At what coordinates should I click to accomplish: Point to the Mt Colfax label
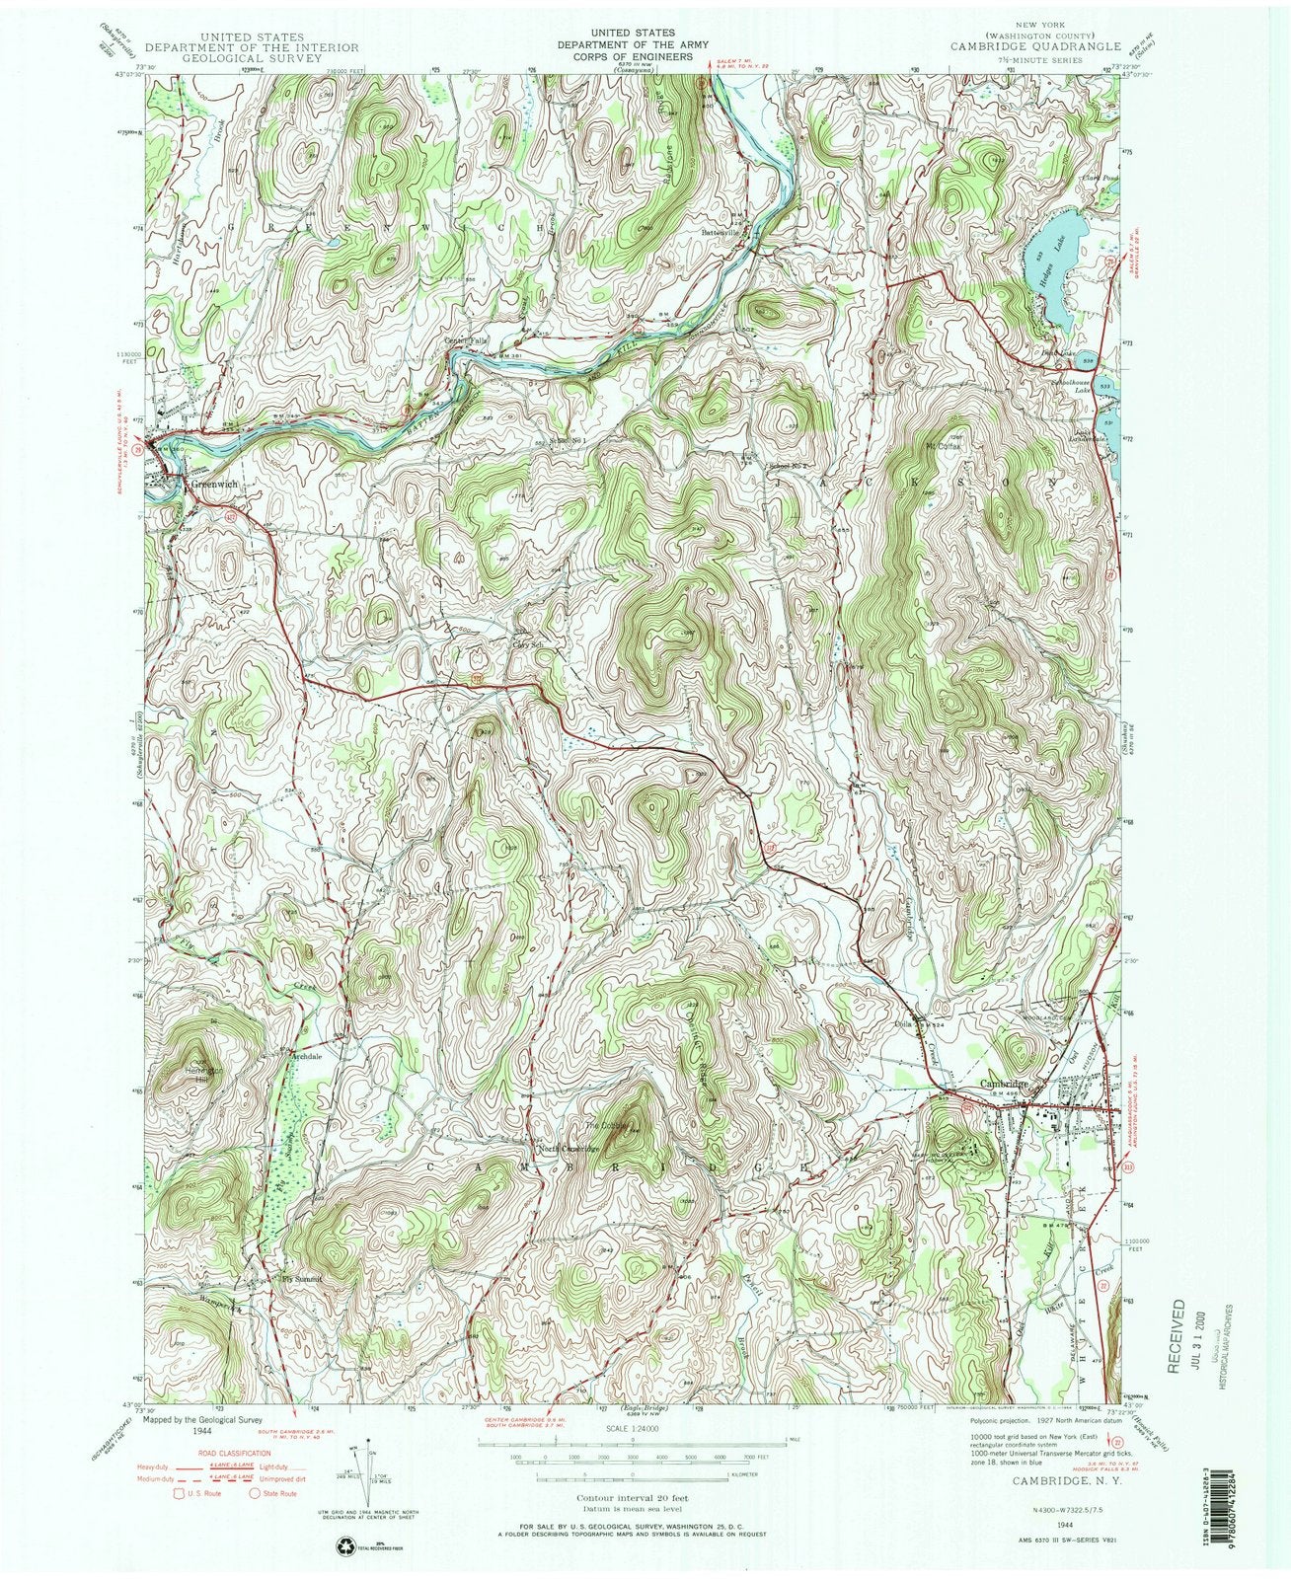tap(943, 446)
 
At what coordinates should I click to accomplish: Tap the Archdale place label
tap(305, 1056)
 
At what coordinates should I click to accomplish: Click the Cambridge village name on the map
tap(1006, 1083)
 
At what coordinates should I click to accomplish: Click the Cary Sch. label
tap(529, 646)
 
